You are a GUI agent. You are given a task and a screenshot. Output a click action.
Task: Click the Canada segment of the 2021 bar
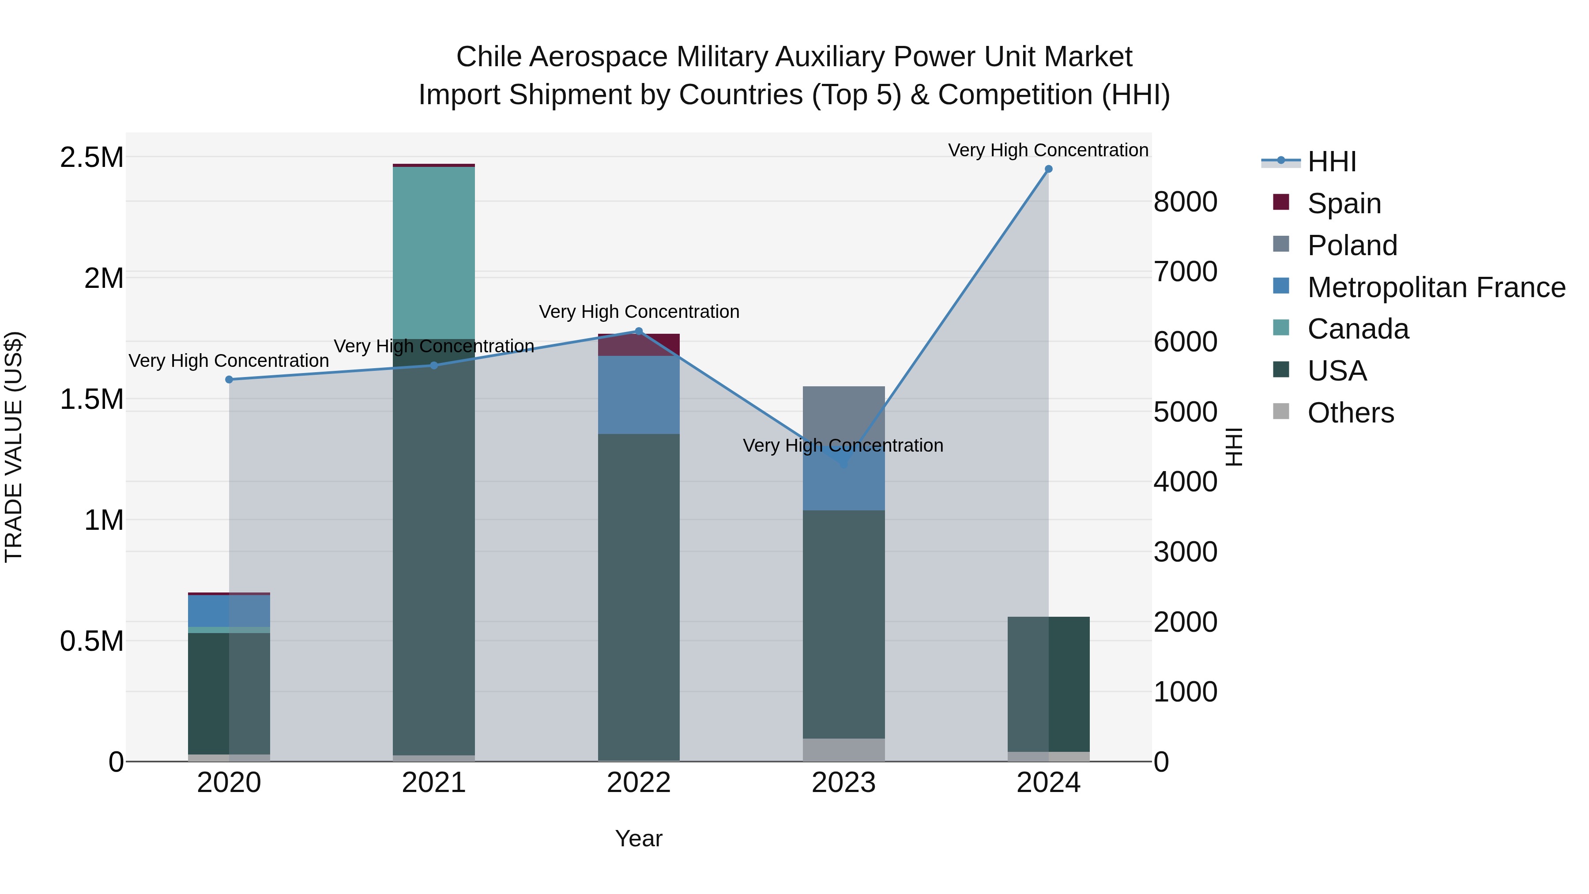433,253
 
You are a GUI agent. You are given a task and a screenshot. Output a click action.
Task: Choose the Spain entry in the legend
1344,204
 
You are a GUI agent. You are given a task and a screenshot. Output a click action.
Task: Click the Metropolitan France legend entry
1435,287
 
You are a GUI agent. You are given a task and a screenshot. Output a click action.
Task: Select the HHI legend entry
1331,162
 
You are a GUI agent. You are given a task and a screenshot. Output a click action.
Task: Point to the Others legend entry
1350,413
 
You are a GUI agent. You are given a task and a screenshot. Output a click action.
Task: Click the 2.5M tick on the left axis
92,157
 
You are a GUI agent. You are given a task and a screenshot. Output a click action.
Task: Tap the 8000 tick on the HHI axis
1185,202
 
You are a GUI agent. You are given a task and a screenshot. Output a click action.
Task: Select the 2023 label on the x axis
843,783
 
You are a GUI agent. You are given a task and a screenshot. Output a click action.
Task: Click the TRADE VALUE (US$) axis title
14,447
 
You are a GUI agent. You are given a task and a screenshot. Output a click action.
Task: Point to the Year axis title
638,838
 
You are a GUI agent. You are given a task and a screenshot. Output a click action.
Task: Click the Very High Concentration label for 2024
1047,150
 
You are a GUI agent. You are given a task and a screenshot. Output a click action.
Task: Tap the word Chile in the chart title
489,57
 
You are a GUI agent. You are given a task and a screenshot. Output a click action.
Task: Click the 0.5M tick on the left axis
92,641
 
